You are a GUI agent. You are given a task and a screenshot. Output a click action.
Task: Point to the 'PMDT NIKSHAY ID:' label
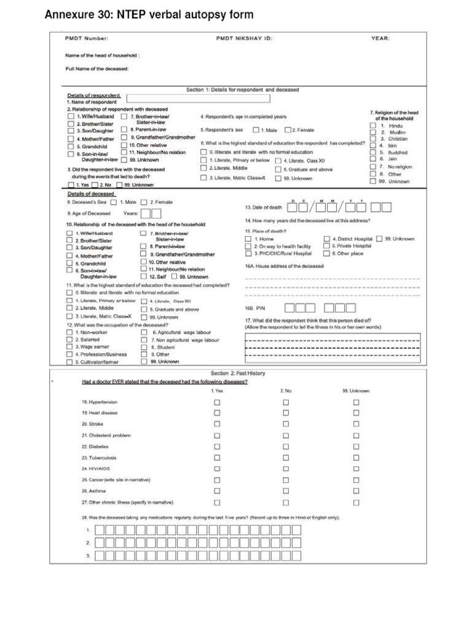point(244,38)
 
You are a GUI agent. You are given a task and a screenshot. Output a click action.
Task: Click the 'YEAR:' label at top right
point(380,38)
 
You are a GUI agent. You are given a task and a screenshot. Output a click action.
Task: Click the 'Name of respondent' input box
point(198,98)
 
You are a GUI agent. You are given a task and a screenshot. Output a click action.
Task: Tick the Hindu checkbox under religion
point(373,126)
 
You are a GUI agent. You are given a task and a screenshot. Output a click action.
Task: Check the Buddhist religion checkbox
point(373,153)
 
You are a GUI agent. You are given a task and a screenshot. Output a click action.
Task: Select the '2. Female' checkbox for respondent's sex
point(288,130)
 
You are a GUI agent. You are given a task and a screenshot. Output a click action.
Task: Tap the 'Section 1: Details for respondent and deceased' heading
point(243,90)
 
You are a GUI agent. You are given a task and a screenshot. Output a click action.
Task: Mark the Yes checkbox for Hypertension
point(217,402)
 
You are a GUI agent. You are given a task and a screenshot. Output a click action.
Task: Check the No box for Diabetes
point(286,447)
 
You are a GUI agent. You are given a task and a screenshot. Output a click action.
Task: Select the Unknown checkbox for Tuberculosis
point(356,458)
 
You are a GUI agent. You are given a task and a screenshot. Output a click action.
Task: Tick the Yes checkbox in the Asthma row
point(217,491)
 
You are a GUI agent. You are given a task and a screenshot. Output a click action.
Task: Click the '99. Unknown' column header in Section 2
point(356,391)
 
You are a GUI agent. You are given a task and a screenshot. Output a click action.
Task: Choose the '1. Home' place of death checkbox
point(248,239)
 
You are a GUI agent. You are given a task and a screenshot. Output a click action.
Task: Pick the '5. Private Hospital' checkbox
point(326,246)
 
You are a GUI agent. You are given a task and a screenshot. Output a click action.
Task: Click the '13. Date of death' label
point(264,207)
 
